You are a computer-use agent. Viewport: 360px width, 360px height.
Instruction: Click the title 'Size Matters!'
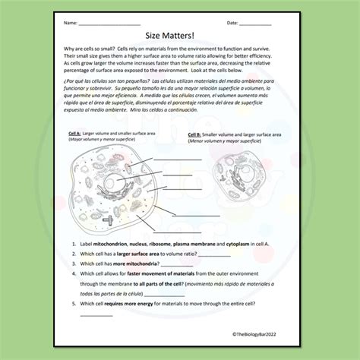pyautogui.click(x=180, y=36)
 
